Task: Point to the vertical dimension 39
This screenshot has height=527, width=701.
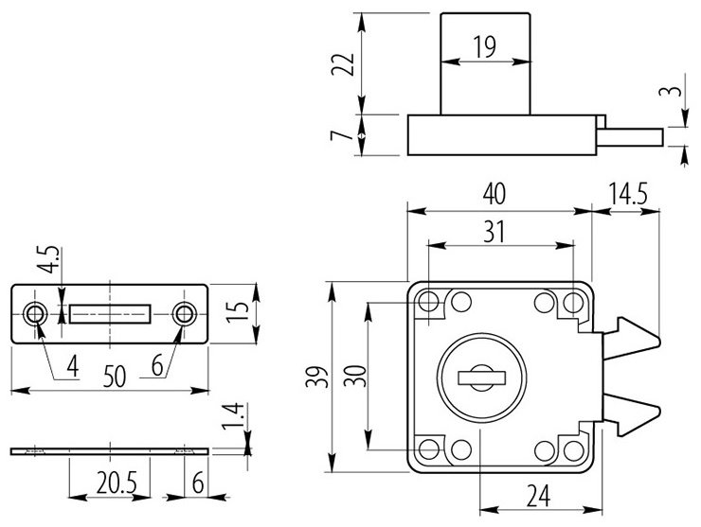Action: pyautogui.click(x=323, y=376)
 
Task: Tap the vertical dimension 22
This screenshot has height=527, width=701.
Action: pyautogui.click(x=348, y=64)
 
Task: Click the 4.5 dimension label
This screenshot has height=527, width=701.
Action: pyautogui.click(x=54, y=259)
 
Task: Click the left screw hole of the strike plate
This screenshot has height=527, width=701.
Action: pyautogui.click(x=37, y=312)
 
